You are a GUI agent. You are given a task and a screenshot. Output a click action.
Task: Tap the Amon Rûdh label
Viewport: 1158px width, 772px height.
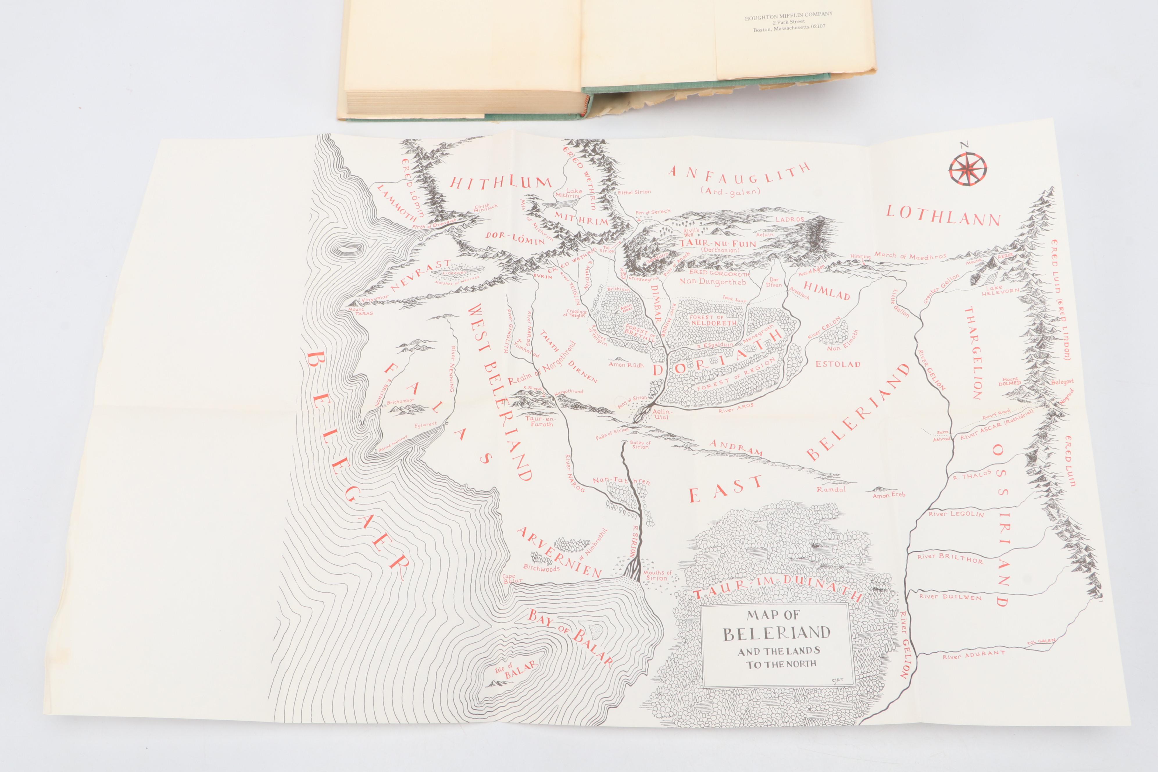click(x=624, y=364)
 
